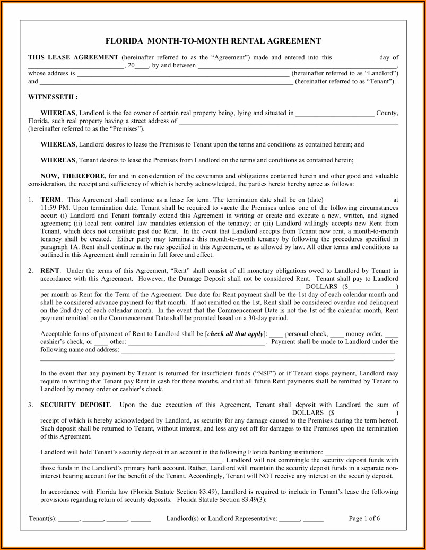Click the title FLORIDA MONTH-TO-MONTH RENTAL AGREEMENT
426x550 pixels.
(213, 41)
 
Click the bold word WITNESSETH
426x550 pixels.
(52, 97)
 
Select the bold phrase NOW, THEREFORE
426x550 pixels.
(73, 176)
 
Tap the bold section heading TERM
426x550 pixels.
(51, 199)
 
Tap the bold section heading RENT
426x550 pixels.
(50, 271)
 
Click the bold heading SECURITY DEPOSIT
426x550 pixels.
(75, 405)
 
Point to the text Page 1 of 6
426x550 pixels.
(364, 519)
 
